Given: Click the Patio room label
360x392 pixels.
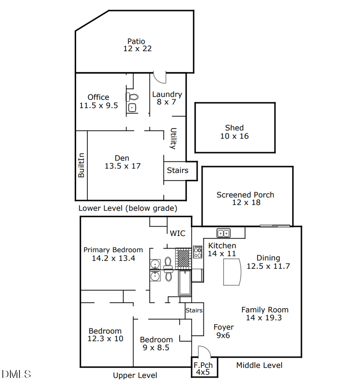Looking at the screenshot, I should (136, 41).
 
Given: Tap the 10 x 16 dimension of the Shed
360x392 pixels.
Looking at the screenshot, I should (234, 136).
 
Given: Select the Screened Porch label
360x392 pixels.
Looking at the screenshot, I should (245, 195).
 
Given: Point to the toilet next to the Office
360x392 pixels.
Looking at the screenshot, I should (132, 97).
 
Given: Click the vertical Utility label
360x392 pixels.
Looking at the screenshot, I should (172, 139).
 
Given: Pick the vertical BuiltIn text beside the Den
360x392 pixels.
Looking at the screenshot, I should (81, 165).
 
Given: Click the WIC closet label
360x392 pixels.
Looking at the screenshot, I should (177, 233).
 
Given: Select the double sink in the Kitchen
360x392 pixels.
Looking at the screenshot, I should (223, 233).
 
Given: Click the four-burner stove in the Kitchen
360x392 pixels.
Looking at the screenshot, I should (198, 252).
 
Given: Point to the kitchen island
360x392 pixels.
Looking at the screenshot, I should (232, 272).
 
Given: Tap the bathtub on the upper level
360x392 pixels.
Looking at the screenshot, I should (184, 283).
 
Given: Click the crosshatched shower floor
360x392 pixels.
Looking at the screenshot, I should (183, 258).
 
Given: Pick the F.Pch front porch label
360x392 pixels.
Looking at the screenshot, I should (203, 365).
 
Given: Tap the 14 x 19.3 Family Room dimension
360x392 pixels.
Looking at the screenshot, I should (264, 317).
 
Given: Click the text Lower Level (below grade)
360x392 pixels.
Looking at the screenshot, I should (128, 208).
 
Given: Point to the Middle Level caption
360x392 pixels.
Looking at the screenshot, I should (259, 365).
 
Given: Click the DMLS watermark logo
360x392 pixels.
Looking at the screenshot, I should (17, 374).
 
